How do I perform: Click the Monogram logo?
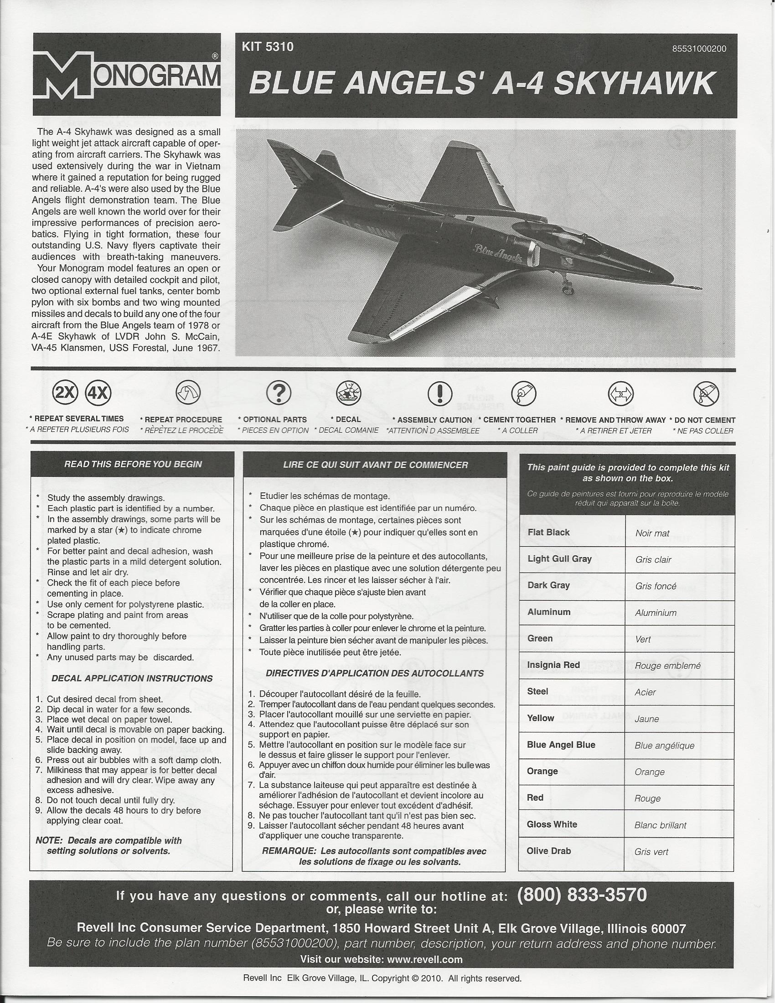pos(126,76)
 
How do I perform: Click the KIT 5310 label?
pos(267,47)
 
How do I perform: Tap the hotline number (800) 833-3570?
pos(582,895)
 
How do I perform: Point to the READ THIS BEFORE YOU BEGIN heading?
pos(133,464)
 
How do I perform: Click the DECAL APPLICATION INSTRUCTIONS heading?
pos(132,678)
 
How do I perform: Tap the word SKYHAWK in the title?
pos(634,84)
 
